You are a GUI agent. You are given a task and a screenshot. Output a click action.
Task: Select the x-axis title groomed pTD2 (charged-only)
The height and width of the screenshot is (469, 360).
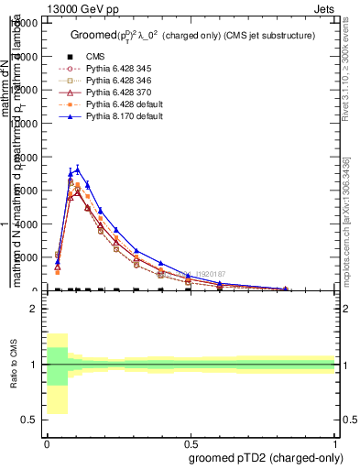[275, 457]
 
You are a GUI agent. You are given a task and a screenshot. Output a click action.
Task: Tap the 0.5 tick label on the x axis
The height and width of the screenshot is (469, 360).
[191, 442]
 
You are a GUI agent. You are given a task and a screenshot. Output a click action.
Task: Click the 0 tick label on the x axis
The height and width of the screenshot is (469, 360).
[47, 442]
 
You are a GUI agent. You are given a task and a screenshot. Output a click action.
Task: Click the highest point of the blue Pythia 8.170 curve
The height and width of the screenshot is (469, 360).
[77, 169]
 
